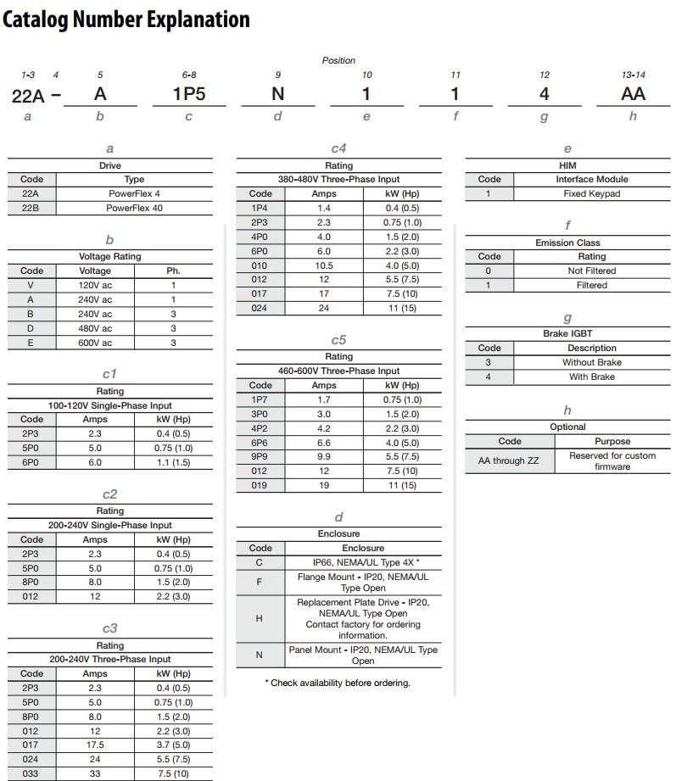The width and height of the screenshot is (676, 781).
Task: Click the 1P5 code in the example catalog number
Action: click(x=189, y=94)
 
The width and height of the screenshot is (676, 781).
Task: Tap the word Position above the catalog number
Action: click(x=338, y=61)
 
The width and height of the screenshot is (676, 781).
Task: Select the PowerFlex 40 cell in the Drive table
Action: click(x=134, y=208)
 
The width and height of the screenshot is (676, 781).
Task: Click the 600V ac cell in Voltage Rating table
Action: click(x=95, y=343)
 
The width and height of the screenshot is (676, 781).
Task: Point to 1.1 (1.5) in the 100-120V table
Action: click(x=174, y=462)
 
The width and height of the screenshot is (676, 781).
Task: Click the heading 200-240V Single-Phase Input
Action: click(x=110, y=525)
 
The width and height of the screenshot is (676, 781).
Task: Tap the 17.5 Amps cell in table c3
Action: click(x=95, y=745)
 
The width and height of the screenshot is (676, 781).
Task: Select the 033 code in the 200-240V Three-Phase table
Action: click(x=31, y=774)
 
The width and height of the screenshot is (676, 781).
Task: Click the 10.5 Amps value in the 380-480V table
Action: click(x=324, y=265)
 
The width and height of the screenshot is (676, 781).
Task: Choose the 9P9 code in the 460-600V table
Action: click(x=260, y=457)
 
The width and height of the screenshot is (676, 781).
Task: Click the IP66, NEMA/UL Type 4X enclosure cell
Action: click(x=363, y=562)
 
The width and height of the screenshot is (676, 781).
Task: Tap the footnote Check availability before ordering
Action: click(x=339, y=683)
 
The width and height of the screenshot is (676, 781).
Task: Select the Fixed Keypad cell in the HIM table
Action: click(x=592, y=193)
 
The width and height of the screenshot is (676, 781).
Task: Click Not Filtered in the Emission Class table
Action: click(x=592, y=271)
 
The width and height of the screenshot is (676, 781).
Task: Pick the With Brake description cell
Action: click(x=592, y=377)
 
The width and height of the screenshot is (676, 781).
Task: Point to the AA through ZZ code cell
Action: click(x=509, y=460)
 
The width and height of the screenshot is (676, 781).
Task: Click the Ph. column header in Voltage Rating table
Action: click(x=174, y=271)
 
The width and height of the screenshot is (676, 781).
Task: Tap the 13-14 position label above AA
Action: click(x=633, y=75)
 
